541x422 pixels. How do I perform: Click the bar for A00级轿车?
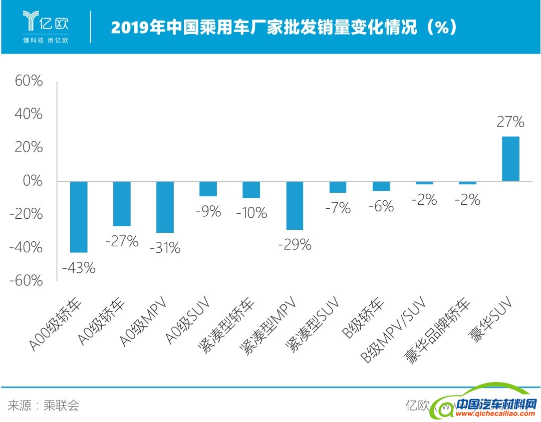point(79,217)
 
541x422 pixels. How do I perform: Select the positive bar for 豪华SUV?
point(510,159)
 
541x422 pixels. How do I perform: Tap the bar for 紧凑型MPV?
point(295,205)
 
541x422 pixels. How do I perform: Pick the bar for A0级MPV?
point(165,207)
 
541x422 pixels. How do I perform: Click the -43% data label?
point(79,268)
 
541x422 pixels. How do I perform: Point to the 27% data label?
point(510,122)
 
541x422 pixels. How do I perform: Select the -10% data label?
point(251,213)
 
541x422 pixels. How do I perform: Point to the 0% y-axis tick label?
point(32,181)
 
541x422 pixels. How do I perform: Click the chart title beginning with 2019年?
point(284,27)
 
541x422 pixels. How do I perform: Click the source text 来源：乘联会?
point(44,405)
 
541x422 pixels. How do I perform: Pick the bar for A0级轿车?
point(122,204)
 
